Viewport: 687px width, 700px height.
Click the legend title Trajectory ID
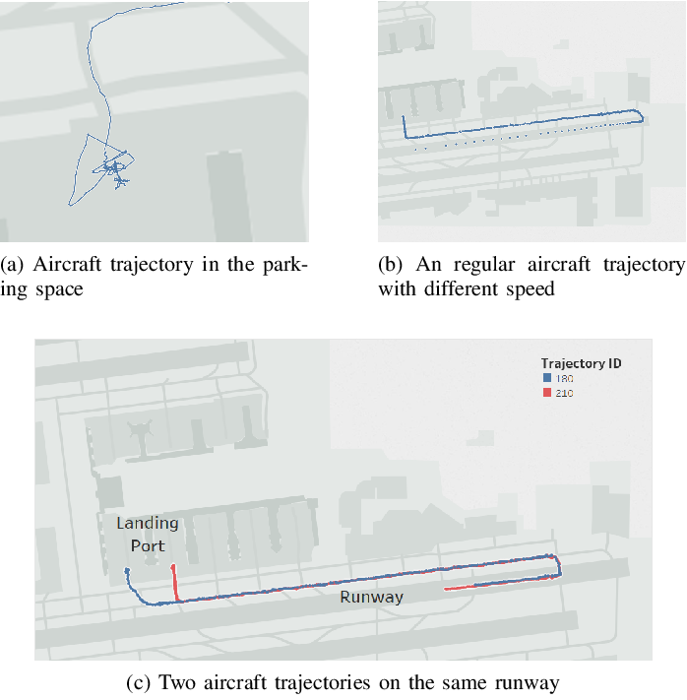coord(581,363)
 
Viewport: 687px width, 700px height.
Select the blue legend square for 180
coord(547,378)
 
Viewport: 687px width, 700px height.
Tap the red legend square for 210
coord(547,393)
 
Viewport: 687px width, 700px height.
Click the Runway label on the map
coord(371,598)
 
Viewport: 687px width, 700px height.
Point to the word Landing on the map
coord(148,524)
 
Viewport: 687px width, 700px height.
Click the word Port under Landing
coord(148,545)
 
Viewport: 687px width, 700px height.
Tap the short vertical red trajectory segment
coord(175,583)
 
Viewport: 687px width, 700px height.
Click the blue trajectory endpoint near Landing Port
coord(127,570)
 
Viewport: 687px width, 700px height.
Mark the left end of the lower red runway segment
coord(446,590)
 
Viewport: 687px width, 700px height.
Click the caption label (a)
coord(12,264)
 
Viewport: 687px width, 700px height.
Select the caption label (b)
coord(390,264)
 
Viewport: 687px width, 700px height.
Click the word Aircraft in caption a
coord(67,264)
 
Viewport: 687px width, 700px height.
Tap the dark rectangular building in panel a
coord(228,197)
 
